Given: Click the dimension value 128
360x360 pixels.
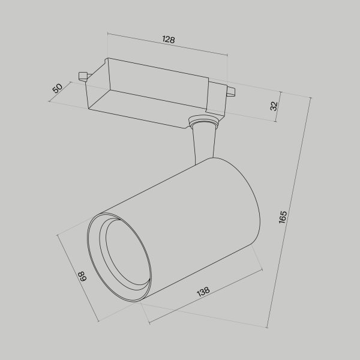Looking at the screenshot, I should (169, 40).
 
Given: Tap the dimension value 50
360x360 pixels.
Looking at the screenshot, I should (58, 88).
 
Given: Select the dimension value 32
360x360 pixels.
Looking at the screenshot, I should (274, 106).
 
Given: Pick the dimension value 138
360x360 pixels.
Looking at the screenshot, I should (203, 292).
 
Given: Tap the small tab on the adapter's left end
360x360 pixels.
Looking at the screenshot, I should (83, 76).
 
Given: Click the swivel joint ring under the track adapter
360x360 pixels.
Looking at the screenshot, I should (202, 122).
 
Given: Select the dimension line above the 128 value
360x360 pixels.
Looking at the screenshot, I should (168, 47).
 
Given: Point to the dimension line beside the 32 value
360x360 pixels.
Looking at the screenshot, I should (280, 106).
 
